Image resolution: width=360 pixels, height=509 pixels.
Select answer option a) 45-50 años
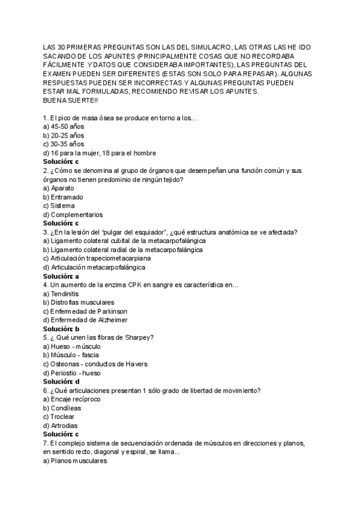(x=64, y=127)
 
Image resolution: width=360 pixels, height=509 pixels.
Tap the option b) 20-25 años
(x=64, y=136)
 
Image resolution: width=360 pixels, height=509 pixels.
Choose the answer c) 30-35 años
(x=64, y=144)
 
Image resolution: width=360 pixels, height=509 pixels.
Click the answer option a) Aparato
(x=59, y=188)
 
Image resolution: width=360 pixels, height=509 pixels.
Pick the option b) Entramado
(x=63, y=197)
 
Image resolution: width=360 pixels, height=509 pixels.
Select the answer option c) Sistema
(x=59, y=205)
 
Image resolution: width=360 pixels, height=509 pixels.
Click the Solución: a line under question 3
(x=61, y=276)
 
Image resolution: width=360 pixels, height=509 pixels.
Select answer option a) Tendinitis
(x=61, y=294)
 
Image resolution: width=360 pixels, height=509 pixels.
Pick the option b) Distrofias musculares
(x=79, y=303)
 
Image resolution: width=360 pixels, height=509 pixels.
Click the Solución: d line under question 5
(x=61, y=381)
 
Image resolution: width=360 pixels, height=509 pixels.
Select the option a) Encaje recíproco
(x=71, y=399)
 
